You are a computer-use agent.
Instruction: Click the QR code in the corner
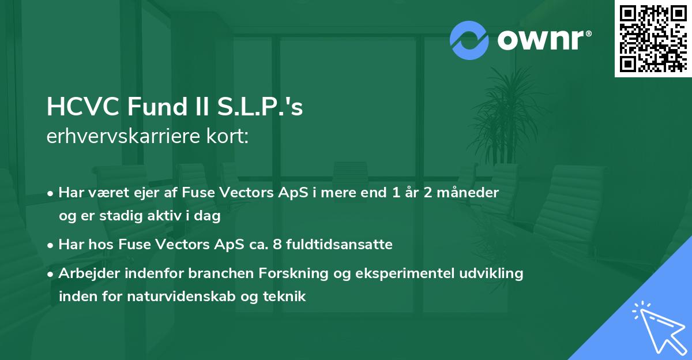click(x=652, y=39)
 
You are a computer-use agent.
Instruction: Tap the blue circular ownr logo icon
click(x=469, y=40)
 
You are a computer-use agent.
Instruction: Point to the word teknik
click(x=285, y=297)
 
